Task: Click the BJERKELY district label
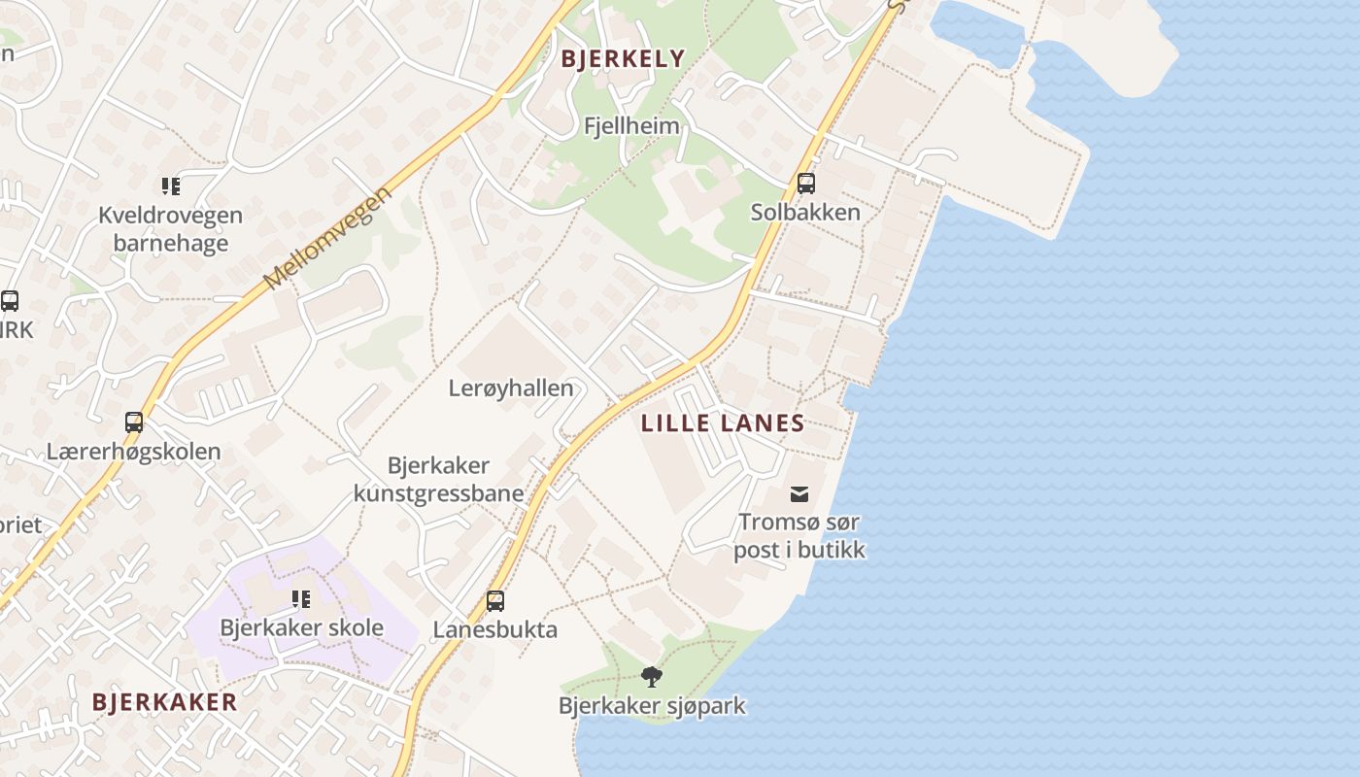click(x=623, y=59)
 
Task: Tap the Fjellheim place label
click(x=631, y=126)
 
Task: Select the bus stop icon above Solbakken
click(x=805, y=184)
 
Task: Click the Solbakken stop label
click(x=805, y=212)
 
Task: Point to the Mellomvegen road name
click(x=327, y=238)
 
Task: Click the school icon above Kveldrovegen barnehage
click(x=171, y=186)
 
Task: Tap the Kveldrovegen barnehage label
click(x=171, y=229)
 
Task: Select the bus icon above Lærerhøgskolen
click(x=134, y=422)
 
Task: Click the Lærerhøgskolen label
click(x=134, y=452)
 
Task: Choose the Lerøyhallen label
click(x=511, y=388)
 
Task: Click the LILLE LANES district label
click(x=723, y=423)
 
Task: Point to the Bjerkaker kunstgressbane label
click(x=438, y=480)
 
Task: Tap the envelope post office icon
click(x=799, y=494)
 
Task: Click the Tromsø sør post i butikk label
click(x=799, y=536)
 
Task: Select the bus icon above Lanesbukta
click(x=495, y=601)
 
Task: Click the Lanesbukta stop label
click(x=495, y=629)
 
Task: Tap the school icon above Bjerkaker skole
click(x=301, y=599)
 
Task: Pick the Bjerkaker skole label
click(x=301, y=627)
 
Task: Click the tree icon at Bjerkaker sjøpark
click(x=652, y=676)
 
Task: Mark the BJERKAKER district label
click(x=164, y=702)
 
